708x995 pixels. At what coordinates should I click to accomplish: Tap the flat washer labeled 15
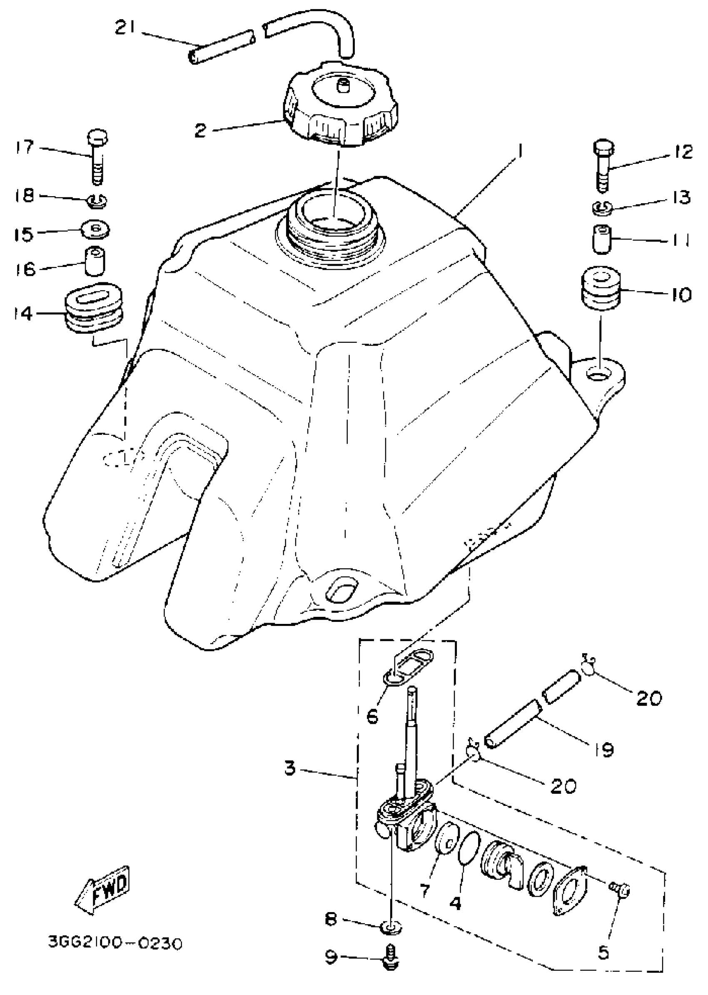[x=96, y=229]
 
